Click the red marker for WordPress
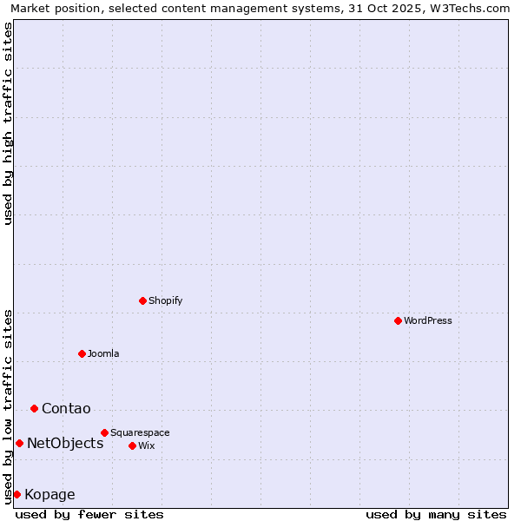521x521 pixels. coord(398,320)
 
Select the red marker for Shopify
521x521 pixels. coord(142,300)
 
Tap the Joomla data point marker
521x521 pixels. coord(82,353)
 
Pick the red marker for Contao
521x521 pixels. coord(34,408)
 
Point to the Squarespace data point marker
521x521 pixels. coord(104,432)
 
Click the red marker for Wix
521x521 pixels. coord(132,445)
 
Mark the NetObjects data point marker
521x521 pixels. coord(19,443)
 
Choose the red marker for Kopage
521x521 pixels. coord(16,494)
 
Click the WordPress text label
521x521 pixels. coord(428,320)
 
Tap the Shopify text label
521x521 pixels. coord(166,300)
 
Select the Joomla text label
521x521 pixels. coord(103,353)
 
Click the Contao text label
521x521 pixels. coord(66,409)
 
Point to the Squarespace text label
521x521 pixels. coord(140,432)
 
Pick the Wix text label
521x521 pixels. coord(147,445)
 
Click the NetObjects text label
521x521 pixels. coord(65,444)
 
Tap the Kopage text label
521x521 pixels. coord(49,495)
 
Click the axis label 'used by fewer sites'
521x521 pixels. coord(89,514)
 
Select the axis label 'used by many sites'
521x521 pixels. coord(436,514)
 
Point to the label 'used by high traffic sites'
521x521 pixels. coord(8,123)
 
